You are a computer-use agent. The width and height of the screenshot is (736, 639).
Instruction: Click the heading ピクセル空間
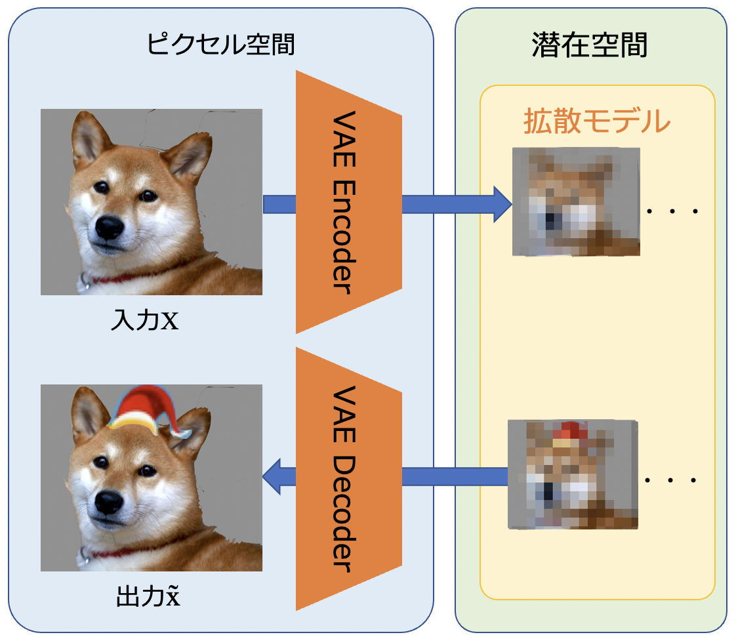[x=220, y=45]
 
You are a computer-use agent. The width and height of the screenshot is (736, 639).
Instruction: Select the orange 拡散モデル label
[x=596, y=121]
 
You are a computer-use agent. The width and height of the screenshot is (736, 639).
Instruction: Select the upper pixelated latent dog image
[x=576, y=201]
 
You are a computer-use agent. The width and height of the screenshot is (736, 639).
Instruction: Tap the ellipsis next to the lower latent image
[x=670, y=481]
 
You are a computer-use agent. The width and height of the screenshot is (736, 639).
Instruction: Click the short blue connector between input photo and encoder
[x=279, y=204]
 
